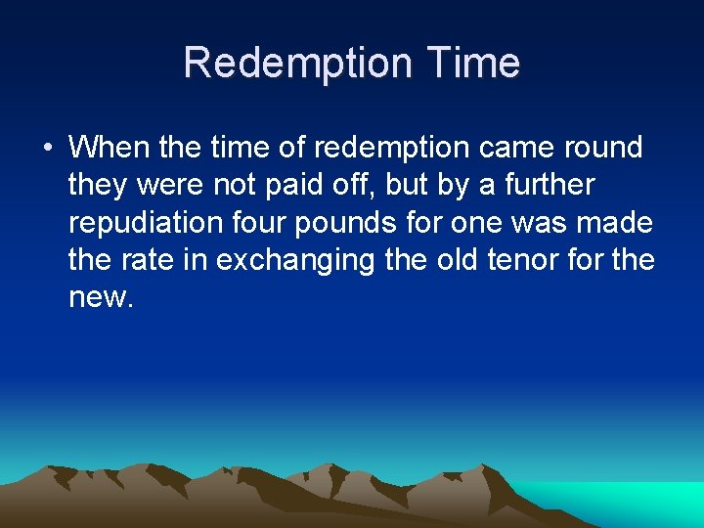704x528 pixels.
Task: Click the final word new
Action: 97,297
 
